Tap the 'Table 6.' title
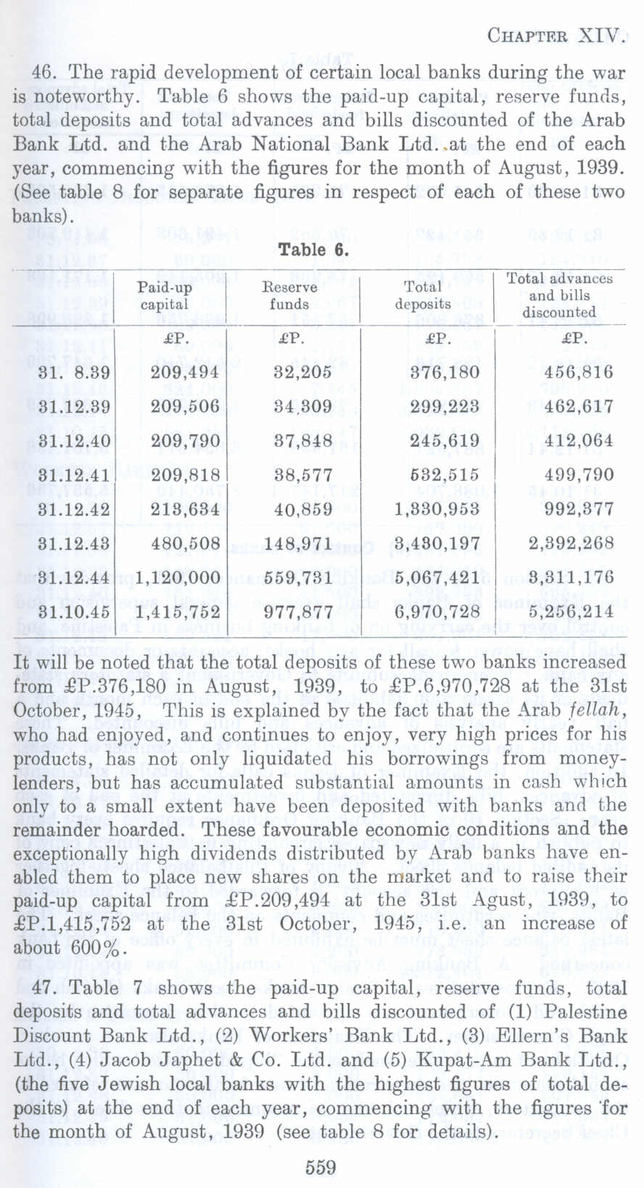(314, 249)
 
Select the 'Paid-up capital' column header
(165, 296)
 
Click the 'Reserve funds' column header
(289, 296)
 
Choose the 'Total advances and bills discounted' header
(559, 295)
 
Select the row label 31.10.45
(73, 611)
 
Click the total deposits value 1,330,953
(437, 509)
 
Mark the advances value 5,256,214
(578, 611)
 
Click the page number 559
(321, 1167)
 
